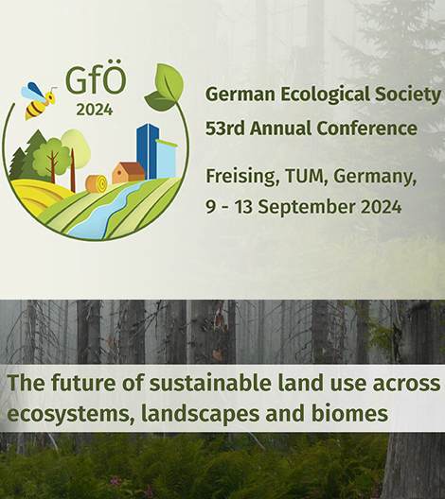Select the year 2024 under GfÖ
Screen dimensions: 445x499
pyautogui.click(x=95, y=111)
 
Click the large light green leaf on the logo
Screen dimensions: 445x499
pyautogui.click(x=169, y=82)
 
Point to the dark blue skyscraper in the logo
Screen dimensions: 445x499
pyautogui.click(x=148, y=151)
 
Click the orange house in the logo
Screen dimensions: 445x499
pyautogui.click(x=128, y=173)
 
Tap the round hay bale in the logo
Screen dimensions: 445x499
pyautogui.click(x=97, y=183)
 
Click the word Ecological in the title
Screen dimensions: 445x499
pyautogui.click(x=326, y=95)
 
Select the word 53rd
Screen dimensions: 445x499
pyautogui.click(x=224, y=129)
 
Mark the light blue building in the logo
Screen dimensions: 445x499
pyautogui.click(x=166, y=158)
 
